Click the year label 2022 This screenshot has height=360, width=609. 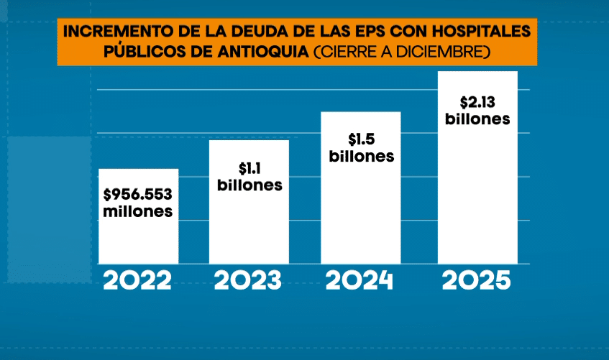138,280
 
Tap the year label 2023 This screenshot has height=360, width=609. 249,280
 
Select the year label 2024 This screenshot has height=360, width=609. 360,280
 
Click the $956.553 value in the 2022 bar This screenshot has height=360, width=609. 138,195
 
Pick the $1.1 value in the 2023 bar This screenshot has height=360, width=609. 249,168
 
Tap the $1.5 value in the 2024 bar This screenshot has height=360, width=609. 361,139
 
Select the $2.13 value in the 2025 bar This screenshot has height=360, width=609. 477,101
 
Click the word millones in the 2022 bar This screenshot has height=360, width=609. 138,212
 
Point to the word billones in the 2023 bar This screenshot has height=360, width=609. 249,185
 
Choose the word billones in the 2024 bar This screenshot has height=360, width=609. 361,156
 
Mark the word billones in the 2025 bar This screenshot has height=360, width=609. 477,119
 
